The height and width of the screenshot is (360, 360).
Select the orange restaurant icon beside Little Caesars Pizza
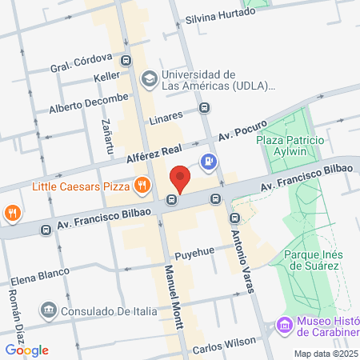(142, 186)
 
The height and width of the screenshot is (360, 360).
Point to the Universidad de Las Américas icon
(149, 78)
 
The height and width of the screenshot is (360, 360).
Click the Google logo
(27, 350)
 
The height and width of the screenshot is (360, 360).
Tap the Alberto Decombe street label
(87, 104)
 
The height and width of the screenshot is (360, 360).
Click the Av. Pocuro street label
(243, 129)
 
